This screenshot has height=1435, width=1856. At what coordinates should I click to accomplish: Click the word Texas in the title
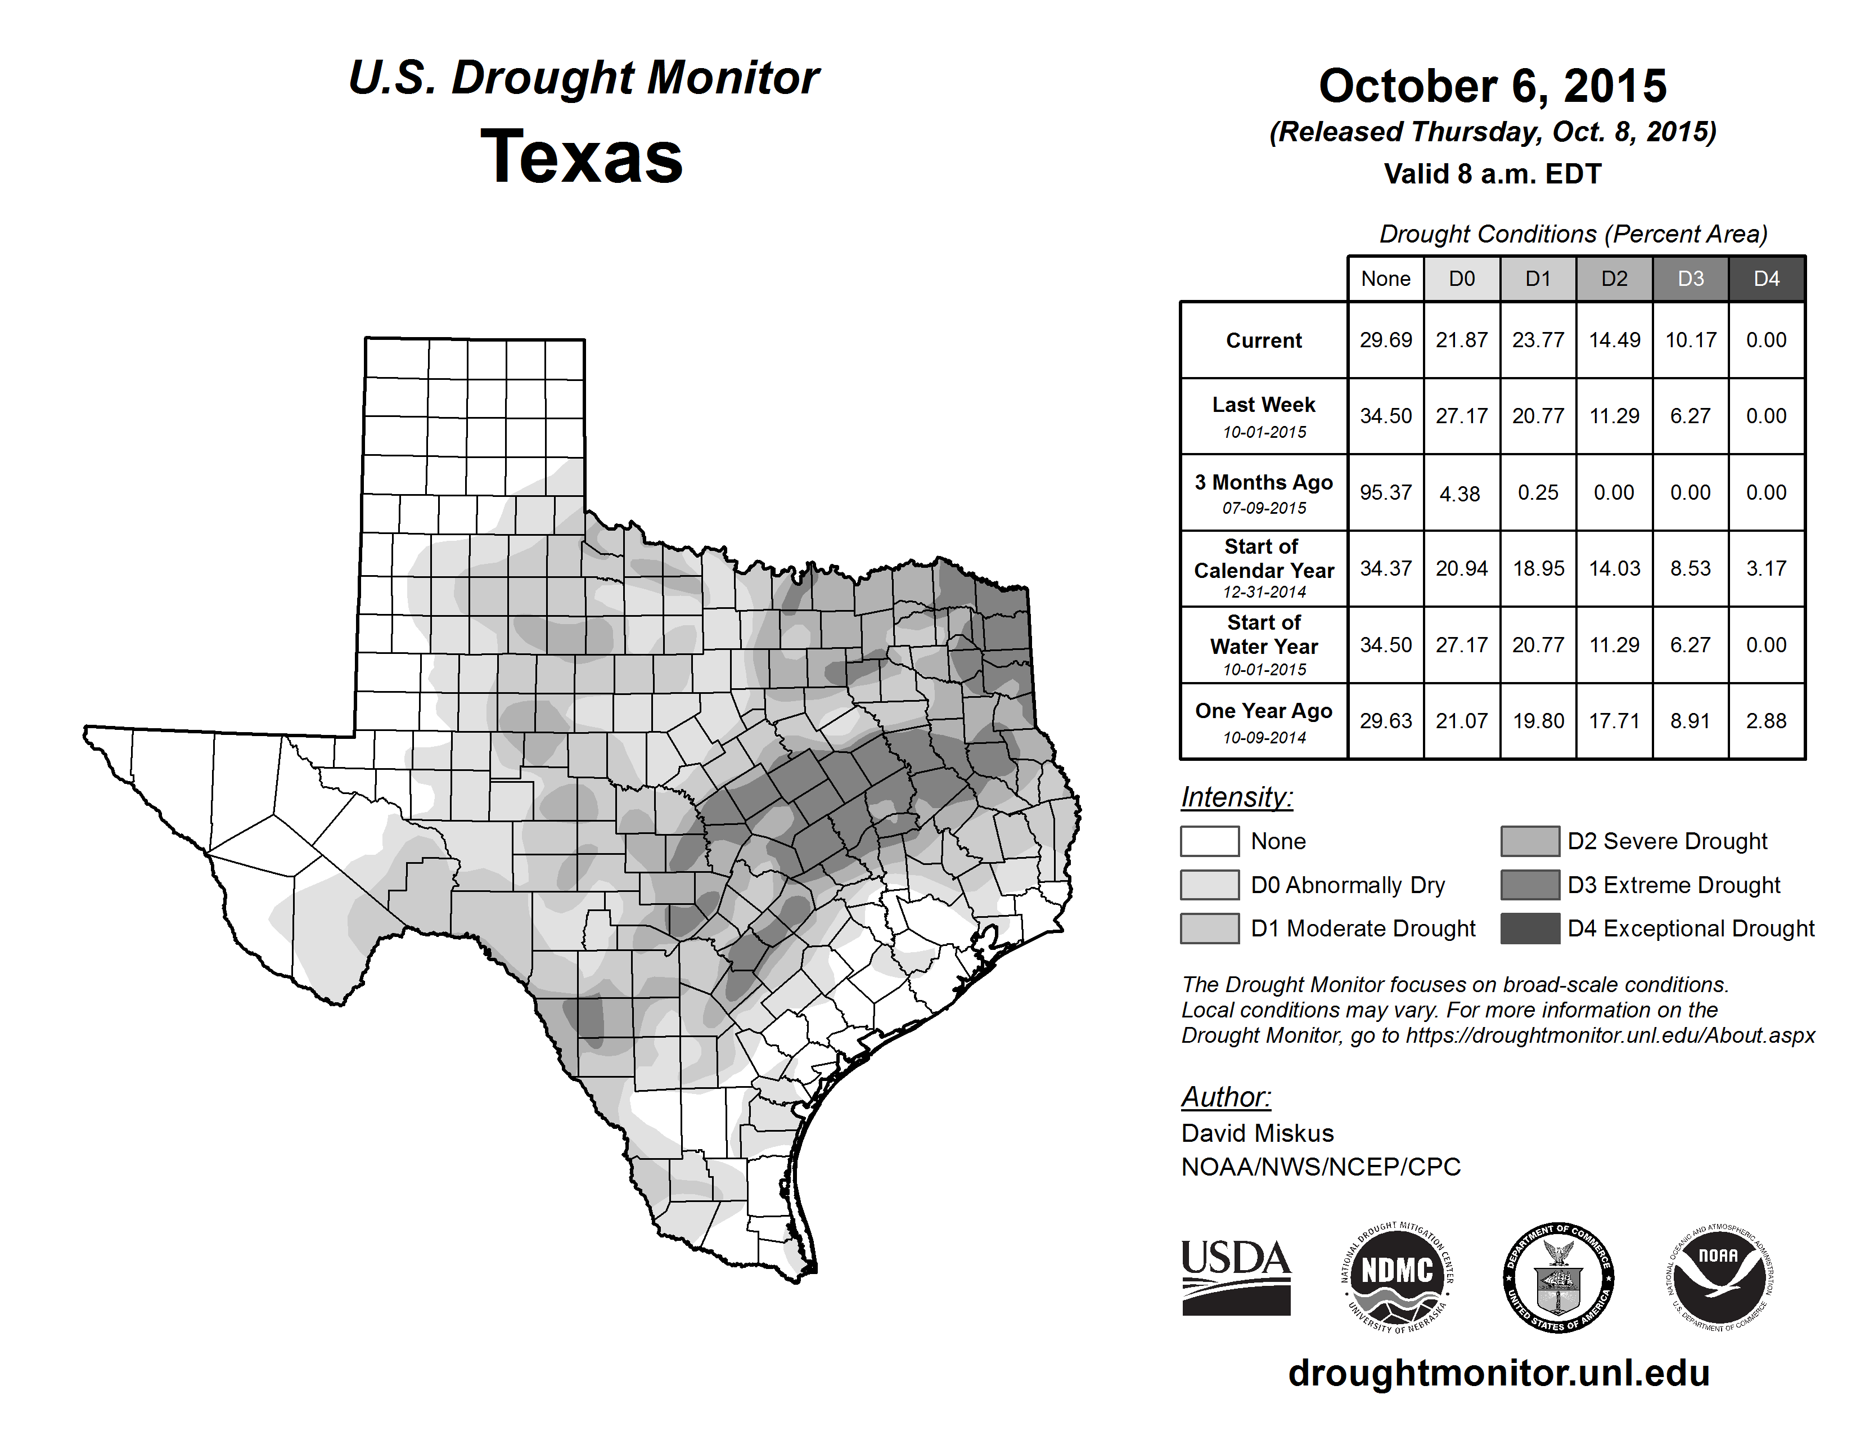point(582,156)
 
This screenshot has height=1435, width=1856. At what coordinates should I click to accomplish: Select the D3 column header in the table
point(1690,279)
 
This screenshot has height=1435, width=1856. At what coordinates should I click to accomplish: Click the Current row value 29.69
point(1385,340)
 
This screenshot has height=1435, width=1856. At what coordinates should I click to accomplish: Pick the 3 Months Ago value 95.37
point(1385,493)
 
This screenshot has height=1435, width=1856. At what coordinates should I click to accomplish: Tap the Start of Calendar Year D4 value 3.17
point(1766,569)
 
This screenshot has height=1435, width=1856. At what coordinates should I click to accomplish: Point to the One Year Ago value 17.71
point(1614,721)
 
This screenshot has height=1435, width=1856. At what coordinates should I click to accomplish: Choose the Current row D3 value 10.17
point(1690,340)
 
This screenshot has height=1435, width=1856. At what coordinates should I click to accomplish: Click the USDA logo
point(1236,1277)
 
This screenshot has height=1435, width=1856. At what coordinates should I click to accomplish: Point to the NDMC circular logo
point(1397,1277)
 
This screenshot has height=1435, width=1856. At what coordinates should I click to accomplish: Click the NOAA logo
point(1718,1277)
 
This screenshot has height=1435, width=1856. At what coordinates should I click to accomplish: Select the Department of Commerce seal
point(1558,1277)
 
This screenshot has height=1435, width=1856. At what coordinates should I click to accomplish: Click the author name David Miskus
point(1257,1133)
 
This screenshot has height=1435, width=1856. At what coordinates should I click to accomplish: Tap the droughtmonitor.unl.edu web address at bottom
point(1498,1372)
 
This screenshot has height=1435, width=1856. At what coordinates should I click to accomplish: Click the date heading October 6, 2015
point(1492,86)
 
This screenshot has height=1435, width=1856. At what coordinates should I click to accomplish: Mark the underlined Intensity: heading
point(1236,797)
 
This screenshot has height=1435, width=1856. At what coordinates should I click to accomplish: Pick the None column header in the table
point(1385,279)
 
